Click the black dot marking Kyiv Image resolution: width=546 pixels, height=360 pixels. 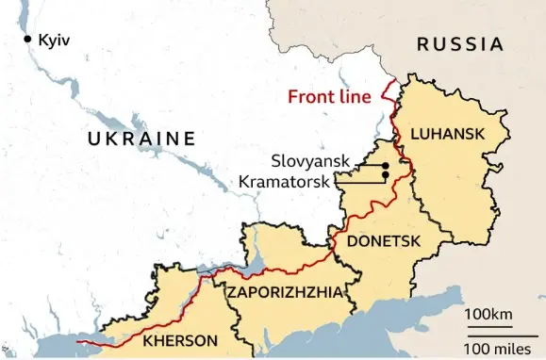tap(28, 39)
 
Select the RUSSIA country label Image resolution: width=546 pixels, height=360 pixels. tap(459, 43)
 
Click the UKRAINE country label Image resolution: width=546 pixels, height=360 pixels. tap(141, 139)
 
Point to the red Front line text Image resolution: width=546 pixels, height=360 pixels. tap(328, 96)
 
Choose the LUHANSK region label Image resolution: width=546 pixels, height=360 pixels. tap(449, 135)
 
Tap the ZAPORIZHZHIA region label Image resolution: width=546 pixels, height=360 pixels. tap(284, 292)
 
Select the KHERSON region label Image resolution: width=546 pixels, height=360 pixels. tap(180, 340)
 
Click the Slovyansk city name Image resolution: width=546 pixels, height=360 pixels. tap(308, 162)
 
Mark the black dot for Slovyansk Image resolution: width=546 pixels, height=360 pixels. tap(386, 167)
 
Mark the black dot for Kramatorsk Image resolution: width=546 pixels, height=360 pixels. tap(386, 176)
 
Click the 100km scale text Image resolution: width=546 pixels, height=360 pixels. tap(489, 313)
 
